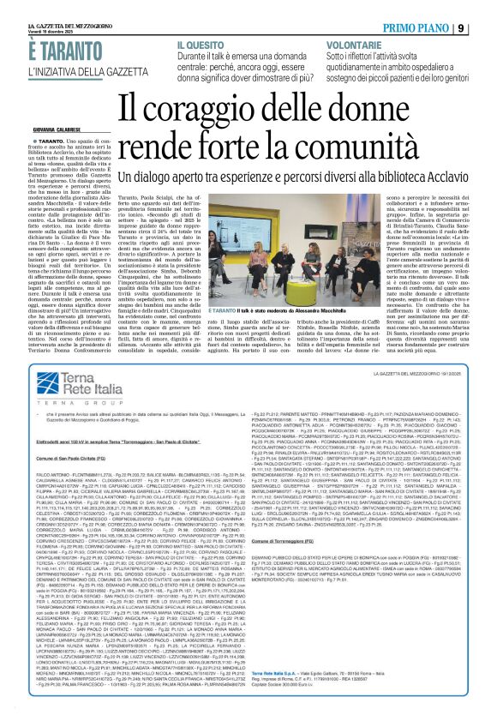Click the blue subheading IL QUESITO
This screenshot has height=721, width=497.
coord(201,43)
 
